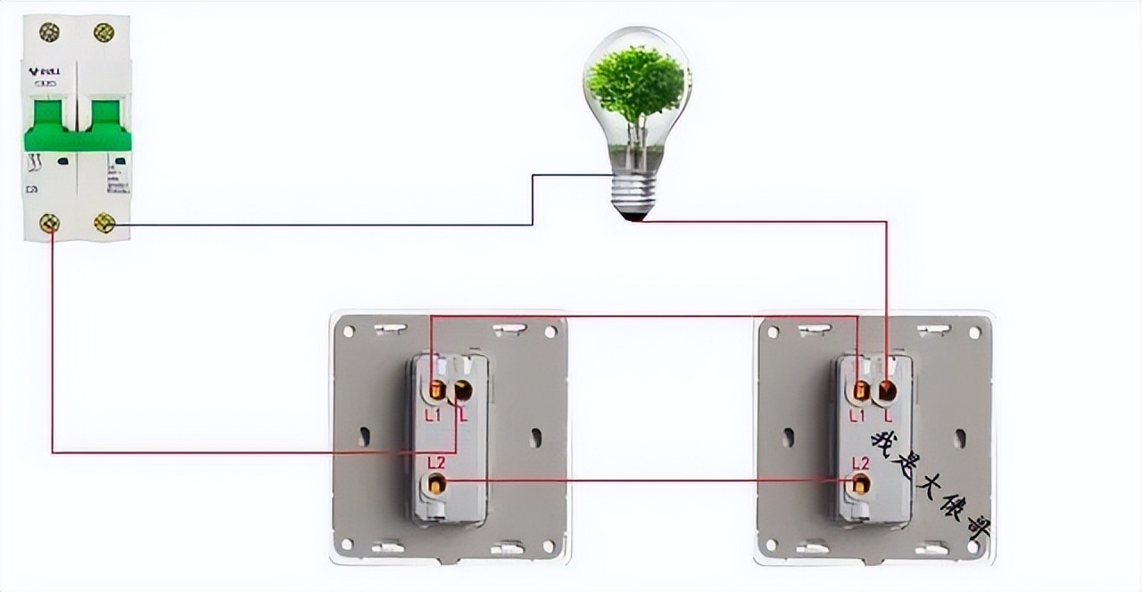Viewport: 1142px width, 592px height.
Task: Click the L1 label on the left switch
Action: (433, 415)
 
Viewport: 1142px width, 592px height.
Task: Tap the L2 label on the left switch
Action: (436, 462)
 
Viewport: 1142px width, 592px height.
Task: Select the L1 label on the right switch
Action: (857, 415)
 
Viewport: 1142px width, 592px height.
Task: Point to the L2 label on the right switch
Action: (860, 462)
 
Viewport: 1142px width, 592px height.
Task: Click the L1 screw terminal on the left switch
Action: (437, 390)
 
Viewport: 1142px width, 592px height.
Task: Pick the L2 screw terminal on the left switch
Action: (436, 484)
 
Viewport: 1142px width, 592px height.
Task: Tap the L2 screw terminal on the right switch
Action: (860, 484)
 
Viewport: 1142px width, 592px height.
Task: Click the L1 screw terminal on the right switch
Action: (861, 390)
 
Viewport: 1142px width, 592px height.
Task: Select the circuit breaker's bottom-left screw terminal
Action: (50, 223)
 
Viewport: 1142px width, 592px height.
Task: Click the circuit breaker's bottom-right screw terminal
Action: (104, 223)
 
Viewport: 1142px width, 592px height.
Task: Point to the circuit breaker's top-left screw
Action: (49, 32)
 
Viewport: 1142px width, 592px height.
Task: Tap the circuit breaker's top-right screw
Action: (103, 32)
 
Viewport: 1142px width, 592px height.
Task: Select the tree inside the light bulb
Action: (635, 89)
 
